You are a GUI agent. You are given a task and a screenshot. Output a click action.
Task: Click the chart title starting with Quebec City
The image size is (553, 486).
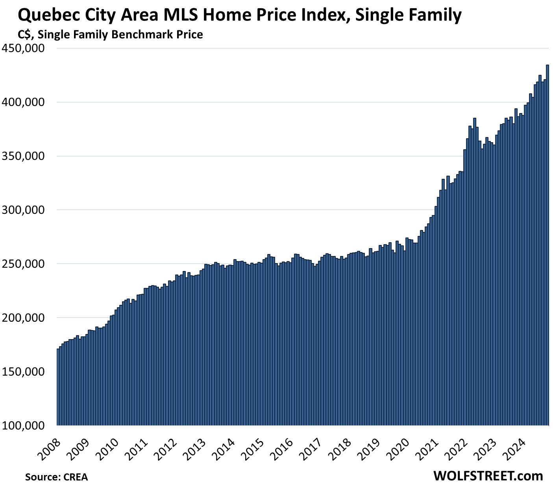(x=239, y=16)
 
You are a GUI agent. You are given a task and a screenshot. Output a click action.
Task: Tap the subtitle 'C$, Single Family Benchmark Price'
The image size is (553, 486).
(x=110, y=35)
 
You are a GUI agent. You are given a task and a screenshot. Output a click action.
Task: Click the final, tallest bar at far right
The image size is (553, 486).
(x=547, y=244)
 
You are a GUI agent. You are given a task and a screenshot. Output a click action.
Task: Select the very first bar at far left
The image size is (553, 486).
(x=58, y=386)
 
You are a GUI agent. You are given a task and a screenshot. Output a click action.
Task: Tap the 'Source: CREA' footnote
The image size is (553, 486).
(x=56, y=477)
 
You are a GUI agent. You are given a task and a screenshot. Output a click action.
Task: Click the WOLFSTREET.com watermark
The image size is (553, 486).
(x=488, y=476)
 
